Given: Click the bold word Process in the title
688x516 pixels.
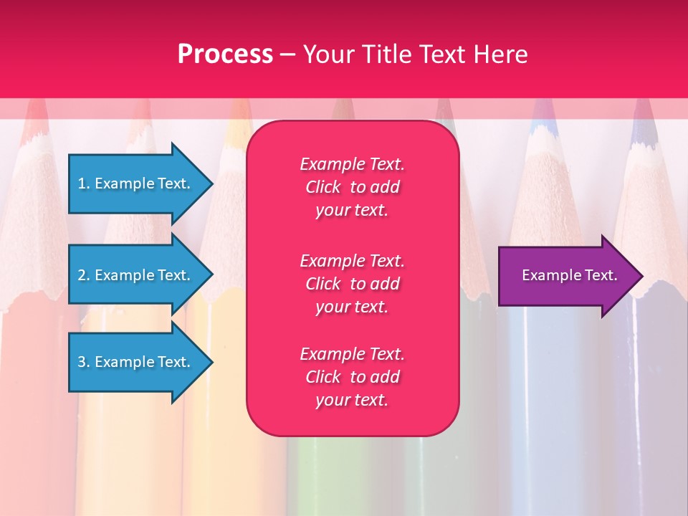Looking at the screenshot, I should pos(225,54).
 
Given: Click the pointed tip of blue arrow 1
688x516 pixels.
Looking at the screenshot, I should pos(211,183).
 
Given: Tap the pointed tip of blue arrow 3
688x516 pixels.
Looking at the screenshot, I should pos(211,362).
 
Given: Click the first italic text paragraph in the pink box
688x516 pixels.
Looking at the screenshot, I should pos(352,187).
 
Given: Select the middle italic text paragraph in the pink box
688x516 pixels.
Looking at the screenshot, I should pos(352,284).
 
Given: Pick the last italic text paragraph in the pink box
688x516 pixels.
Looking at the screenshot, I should pos(352,377).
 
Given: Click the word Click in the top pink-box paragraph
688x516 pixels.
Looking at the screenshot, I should pos(322,187).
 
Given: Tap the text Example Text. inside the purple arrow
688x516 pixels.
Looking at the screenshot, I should pos(569,275).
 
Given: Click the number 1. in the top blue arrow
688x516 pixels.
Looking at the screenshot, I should pos(83,183).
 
